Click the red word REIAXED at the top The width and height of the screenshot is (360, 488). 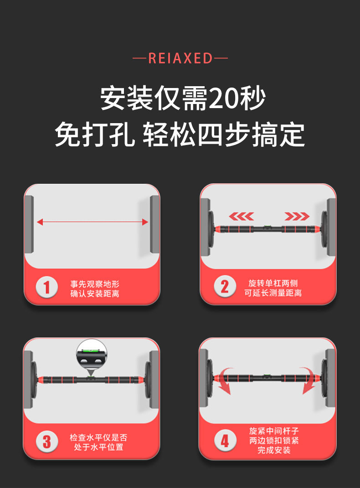coord(180,58)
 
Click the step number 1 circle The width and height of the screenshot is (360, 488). coord(46,287)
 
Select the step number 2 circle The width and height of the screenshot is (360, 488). coord(225,286)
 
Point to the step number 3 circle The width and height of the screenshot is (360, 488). coord(46,441)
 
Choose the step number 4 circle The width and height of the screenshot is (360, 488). coord(225,441)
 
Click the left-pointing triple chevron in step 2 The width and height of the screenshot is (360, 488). coord(241,216)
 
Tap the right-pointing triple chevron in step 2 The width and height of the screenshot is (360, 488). coord(297,216)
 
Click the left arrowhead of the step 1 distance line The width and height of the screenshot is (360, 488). coord(40,222)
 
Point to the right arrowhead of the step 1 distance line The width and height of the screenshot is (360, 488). coord(145,222)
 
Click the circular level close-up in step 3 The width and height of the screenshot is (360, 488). coord(92,354)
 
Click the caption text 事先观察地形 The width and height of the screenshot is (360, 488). coord(95,284)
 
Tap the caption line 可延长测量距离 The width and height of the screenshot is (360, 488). coord(273,293)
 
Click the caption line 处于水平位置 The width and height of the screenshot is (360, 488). coord(98,447)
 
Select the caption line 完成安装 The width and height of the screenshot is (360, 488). coord(274,450)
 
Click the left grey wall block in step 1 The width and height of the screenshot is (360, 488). coord(29,224)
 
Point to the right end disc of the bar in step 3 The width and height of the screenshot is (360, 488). coord(148,380)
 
